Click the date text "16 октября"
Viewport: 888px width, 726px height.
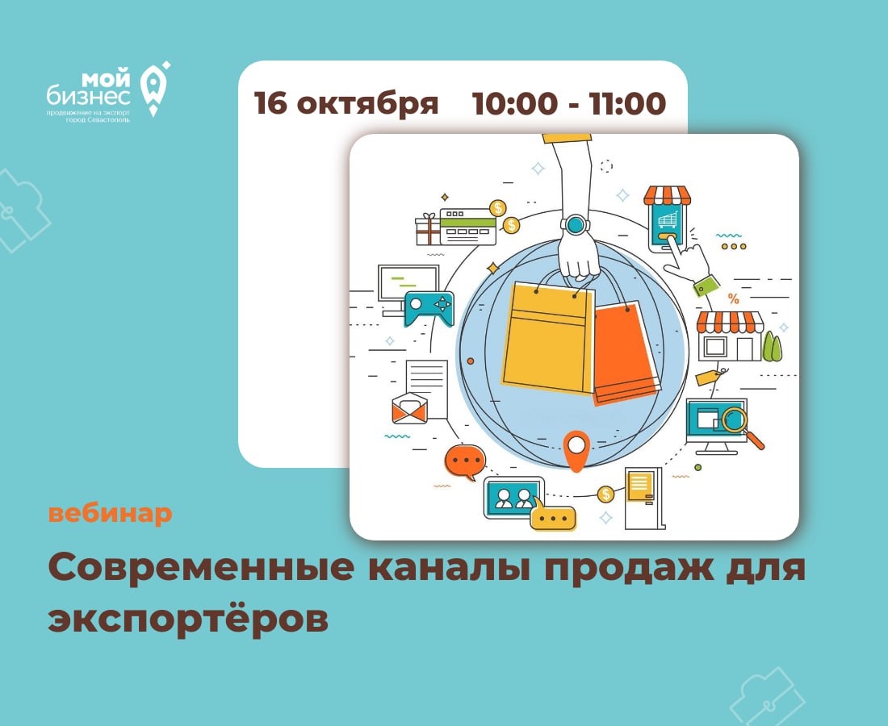346,103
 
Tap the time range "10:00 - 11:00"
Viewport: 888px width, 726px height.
569,103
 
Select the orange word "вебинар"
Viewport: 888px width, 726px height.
110,513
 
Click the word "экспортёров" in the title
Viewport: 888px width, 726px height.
188,618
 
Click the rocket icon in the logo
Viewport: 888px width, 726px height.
155,89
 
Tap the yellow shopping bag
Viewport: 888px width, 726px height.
547,336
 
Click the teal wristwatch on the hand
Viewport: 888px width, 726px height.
576,224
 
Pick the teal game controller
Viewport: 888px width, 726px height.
429,308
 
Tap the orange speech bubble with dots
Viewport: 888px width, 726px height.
465,461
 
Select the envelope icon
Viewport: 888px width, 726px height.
409,408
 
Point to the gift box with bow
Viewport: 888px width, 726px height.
428,229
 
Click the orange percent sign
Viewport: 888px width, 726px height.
733,298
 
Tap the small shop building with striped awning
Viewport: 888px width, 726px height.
730,336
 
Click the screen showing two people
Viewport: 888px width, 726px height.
514,498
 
